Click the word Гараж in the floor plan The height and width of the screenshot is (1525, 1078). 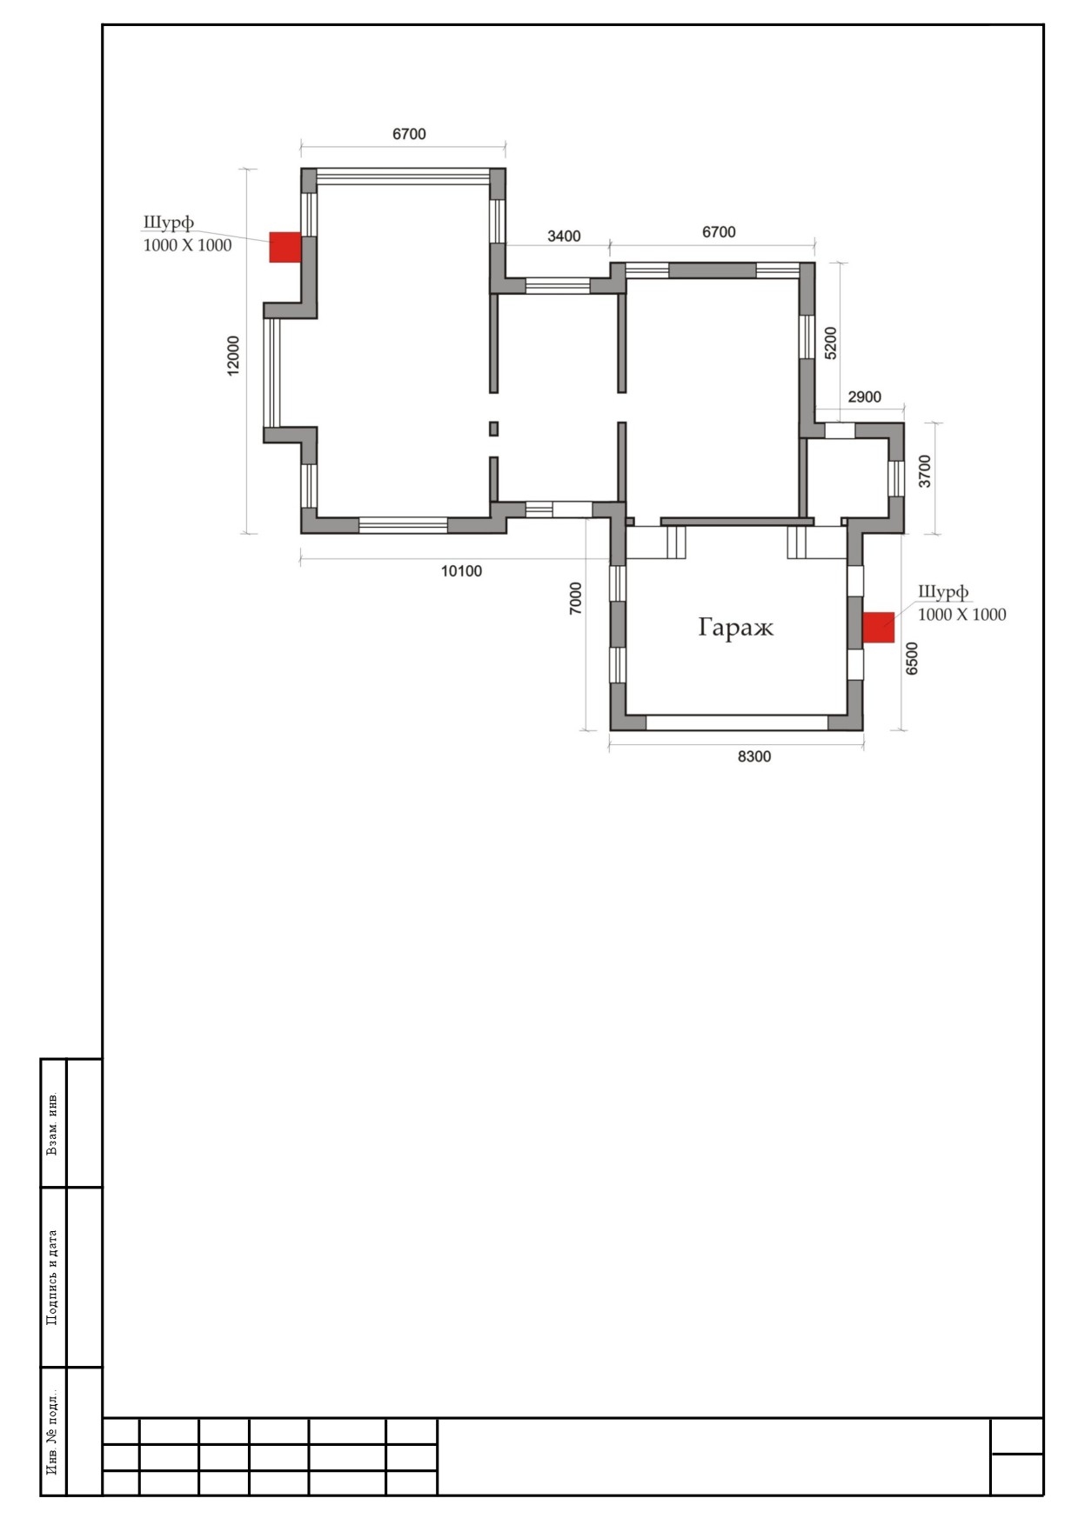tap(735, 628)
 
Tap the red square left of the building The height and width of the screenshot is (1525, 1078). tap(285, 247)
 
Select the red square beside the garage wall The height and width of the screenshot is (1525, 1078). tap(879, 628)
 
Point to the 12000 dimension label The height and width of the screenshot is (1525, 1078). tap(233, 356)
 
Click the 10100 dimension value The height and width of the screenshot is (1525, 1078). tap(461, 571)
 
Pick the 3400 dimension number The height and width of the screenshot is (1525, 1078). tap(564, 236)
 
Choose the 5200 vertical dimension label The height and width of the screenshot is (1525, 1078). tap(831, 343)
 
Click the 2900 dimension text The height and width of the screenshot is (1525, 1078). tap(864, 397)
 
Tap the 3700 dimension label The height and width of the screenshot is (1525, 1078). tap(925, 471)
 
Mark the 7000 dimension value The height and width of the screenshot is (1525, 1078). tap(576, 599)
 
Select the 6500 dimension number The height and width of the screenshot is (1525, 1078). tap(912, 658)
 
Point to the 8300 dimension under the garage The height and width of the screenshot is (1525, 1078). tap(754, 756)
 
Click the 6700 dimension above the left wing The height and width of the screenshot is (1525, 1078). tap(409, 134)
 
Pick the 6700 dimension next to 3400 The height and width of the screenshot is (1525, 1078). tap(719, 232)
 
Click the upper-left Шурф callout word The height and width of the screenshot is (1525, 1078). tap(169, 222)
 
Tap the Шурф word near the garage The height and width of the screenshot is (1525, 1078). tap(943, 592)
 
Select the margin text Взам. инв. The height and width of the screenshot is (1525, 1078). tap(53, 1122)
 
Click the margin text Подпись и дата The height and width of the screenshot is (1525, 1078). tap(53, 1277)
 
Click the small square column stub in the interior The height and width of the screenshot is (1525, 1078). tap(494, 429)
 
